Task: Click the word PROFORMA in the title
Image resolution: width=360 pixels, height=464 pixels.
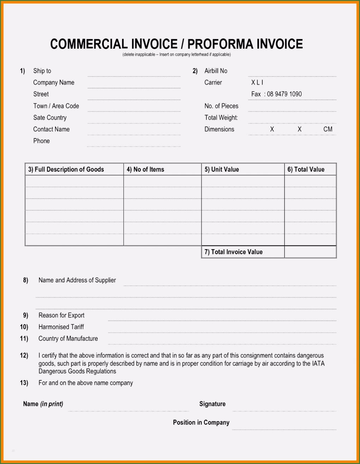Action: click(220, 44)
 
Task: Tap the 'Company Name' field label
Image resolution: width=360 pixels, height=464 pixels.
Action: click(54, 83)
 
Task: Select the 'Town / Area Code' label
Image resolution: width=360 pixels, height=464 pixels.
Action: click(56, 106)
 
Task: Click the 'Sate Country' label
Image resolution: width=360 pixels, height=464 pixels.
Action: click(50, 117)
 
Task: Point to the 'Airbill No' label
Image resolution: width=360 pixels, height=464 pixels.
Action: click(216, 71)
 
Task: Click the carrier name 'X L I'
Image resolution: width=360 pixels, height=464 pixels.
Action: click(257, 83)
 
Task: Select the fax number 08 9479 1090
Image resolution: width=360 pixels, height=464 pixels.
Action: click(284, 94)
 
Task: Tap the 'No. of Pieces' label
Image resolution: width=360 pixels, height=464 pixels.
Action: click(221, 106)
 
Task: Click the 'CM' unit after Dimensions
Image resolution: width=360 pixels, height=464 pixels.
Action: click(328, 129)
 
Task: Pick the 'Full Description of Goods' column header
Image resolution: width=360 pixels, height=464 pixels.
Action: click(66, 169)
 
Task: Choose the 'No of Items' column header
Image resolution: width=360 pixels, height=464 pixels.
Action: click(145, 169)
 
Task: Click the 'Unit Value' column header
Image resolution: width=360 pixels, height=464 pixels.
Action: click(222, 169)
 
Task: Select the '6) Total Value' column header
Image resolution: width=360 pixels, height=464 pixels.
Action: click(306, 169)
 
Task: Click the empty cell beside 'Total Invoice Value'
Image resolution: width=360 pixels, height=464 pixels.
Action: click(310, 252)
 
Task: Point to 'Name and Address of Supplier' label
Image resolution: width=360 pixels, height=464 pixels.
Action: click(77, 280)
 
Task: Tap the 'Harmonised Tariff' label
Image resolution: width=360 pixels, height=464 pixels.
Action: click(61, 327)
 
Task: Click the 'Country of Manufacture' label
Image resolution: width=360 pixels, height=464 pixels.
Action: click(68, 339)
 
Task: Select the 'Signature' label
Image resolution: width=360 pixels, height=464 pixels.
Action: click(212, 404)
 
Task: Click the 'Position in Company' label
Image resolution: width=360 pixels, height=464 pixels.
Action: click(201, 422)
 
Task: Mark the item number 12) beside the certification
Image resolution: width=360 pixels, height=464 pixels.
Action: click(24, 355)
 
